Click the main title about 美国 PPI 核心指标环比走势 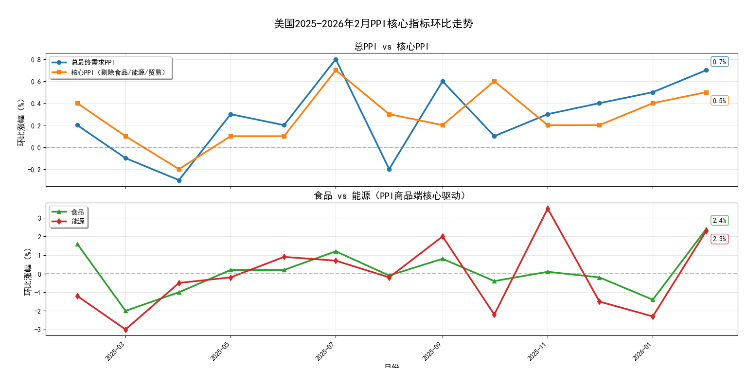[x=373, y=24]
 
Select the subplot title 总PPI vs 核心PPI [x=391, y=47]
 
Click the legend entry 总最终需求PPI [x=92, y=62]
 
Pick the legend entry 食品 [x=77, y=212]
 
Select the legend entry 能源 [x=77, y=221]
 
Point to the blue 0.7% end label [x=719, y=62]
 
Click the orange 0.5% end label [x=719, y=101]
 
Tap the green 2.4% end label [x=719, y=220]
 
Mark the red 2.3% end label [x=719, y=239]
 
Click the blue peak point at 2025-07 [x=336, y=59]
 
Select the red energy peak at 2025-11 [x=548, y=209]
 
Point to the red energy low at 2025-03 [x=125, y=330]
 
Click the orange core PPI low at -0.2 [x=179, y=169]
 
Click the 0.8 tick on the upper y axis [x=36, y=60]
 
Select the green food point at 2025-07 [x=336, y=251]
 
